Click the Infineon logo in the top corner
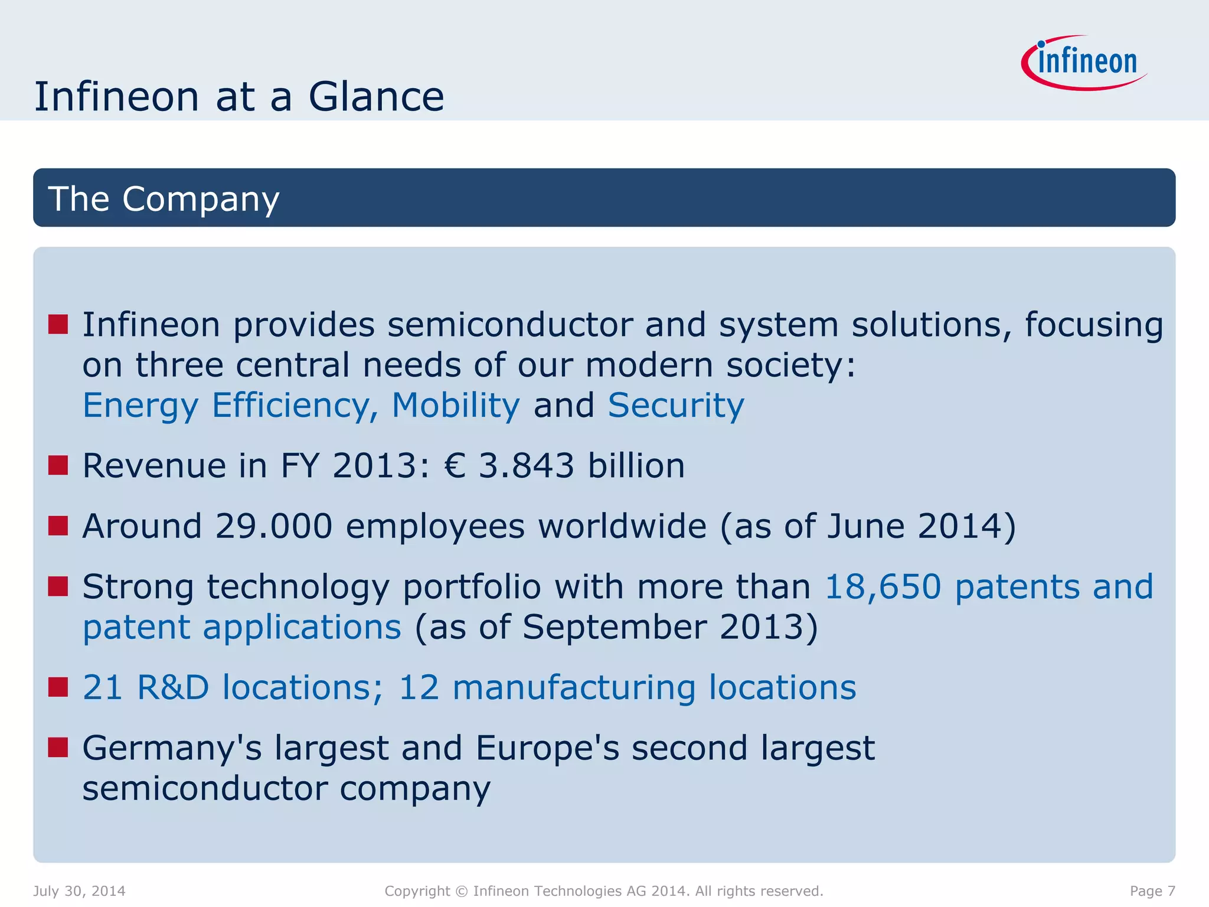coord(1085,63)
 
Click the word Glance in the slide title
coord(376,97)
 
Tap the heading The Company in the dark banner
coord(164,198)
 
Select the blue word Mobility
coord(456,406)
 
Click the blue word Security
coord(676,406)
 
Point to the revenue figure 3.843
coord(526,465)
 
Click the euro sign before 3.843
coord(455,465)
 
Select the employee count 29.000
coord(274,526)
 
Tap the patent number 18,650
coord(883,586)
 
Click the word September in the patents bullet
coord(615,627)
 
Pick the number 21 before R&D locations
coord(103,687)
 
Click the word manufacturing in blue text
coord(574,687)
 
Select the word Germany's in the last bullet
coord(171,748)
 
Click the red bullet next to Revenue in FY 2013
coord(58,465)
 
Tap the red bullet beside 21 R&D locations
coord(58,687)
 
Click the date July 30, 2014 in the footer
coord(79,891)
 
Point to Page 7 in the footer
coord(1152,891)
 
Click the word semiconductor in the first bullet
coord(509,325)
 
